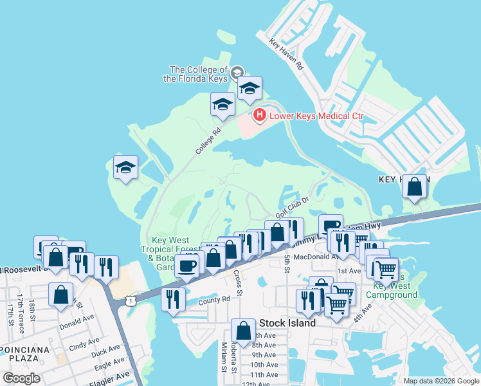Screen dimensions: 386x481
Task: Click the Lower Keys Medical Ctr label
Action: click(x=316, y=116)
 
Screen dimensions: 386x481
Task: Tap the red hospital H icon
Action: click(x=259, y=116)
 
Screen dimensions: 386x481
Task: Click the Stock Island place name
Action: click(x=287, y=323)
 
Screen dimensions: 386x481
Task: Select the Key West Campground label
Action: click(x=392, y=290)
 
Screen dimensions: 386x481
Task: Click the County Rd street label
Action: click(x=214, y=300)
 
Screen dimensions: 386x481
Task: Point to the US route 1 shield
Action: click(x=131, y=300)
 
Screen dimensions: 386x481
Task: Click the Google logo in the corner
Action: click(x=21, y=378)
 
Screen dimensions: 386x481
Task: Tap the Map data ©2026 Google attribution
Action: click(x=441, y=381)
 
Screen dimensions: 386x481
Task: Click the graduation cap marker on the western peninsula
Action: click(x=126, y=169)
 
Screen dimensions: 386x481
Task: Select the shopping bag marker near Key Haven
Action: click(x=415, y=187)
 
